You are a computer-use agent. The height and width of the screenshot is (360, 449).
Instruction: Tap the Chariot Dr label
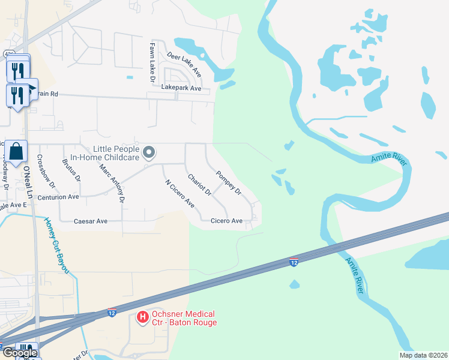click(x=199, y=185)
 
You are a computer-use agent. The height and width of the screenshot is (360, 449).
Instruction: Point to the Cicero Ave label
click(x=226, y=221)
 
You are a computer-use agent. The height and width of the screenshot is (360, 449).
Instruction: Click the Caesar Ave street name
click(x=90, y=221)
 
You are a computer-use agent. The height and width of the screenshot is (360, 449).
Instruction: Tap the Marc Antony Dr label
click(x=112, y=182)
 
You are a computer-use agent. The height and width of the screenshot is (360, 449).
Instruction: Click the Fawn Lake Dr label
click(x=152, y=62)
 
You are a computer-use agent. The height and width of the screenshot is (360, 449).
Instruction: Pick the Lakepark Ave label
click(x=185, y=88)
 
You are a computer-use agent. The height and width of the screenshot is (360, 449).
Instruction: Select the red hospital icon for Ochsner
click(x=142, y=317)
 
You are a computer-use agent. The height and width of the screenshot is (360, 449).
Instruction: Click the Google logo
click(x=19, y=353)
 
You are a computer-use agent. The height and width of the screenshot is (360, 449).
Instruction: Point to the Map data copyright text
click(x=423, y=355)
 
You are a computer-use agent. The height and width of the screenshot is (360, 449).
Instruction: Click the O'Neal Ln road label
click(x=27, y=178)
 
